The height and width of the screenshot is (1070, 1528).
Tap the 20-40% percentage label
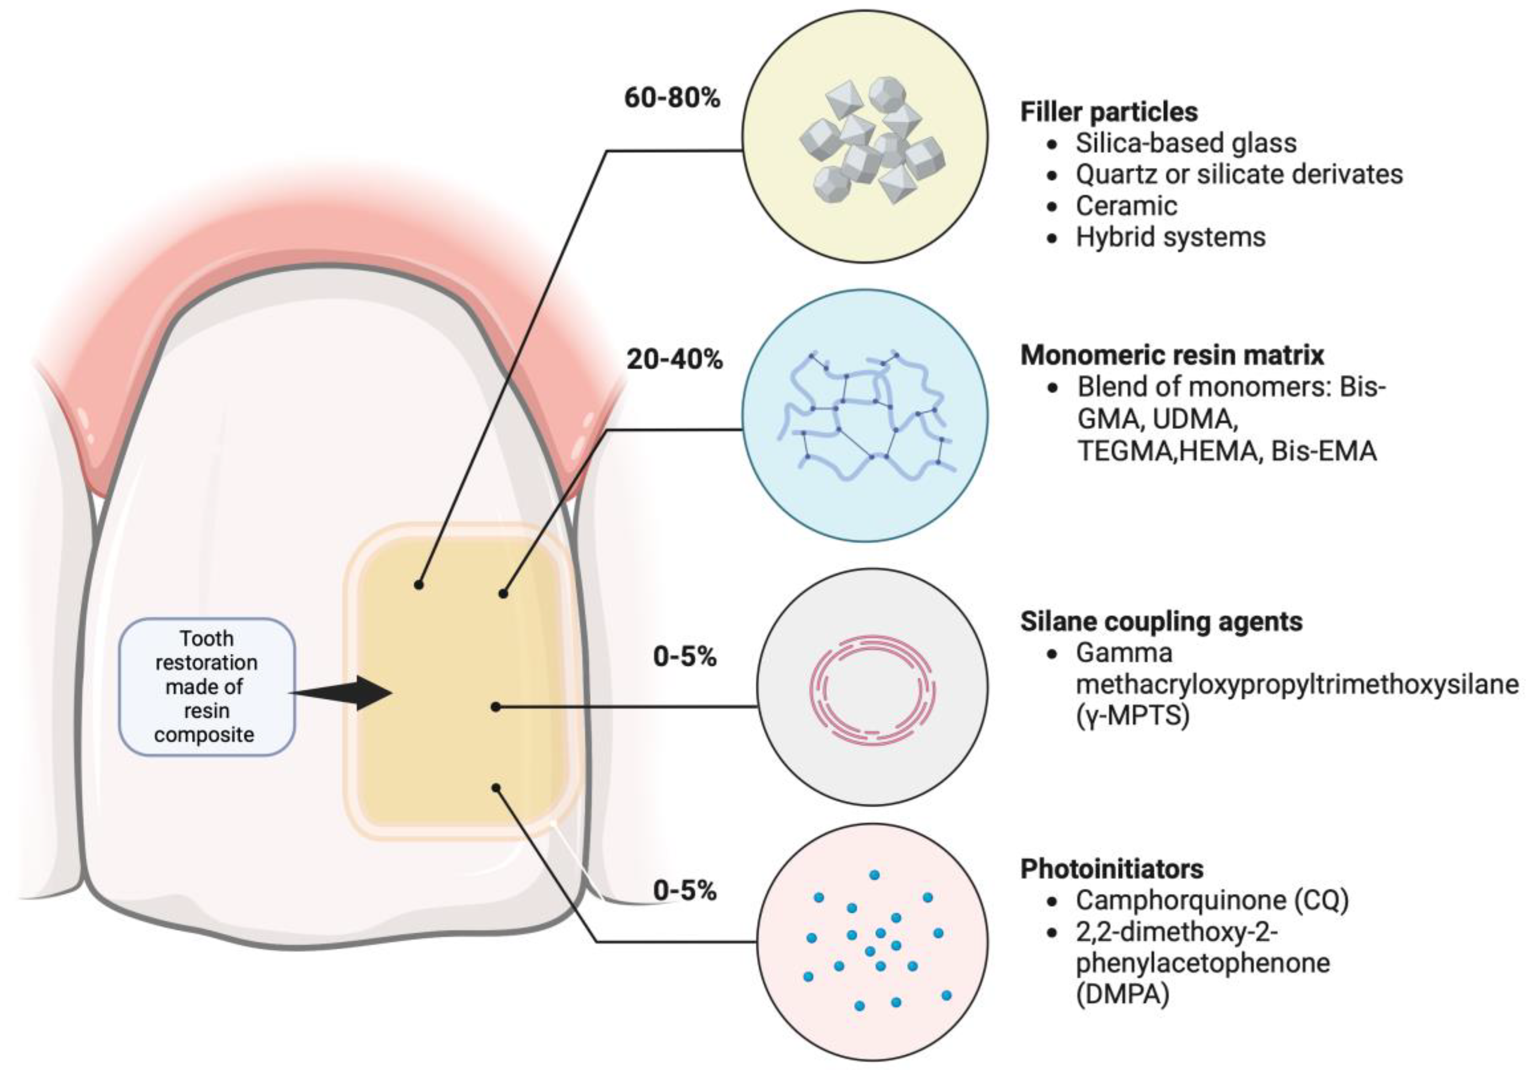[x=674, y=360]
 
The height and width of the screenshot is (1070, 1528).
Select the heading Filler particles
[x=1109, y=112]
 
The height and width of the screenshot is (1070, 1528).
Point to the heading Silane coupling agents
[x=1161, y=621]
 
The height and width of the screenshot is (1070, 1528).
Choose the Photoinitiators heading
[x=1112, y=869]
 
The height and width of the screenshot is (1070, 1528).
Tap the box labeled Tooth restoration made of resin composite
[x=206, y=686]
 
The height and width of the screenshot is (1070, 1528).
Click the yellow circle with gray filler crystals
[x=864, y=137]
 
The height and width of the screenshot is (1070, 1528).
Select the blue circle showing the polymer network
[x=864, y=415]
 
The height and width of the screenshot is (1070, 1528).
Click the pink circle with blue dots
[x=872, y=942]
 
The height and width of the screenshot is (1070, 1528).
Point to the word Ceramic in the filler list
[x=1126, y=206]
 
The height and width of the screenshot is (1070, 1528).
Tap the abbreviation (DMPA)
[x=1122, y=995]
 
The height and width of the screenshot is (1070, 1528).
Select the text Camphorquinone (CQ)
[x=1212, y=900]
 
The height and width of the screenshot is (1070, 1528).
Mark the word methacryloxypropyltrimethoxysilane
[x=1297, y=684]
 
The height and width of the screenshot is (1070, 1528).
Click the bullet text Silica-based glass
[x=1186, y=143]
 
